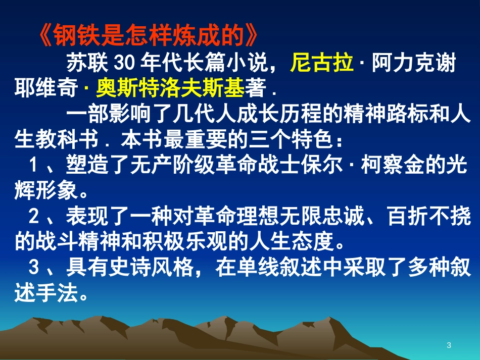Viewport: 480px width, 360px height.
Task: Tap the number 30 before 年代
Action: click(x=124, y=63)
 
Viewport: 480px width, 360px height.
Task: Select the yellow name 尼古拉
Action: click(x=321, y=63)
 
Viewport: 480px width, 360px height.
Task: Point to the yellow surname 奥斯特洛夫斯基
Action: click(x=170, y=88)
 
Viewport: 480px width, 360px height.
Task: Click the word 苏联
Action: click(x=87, y=63)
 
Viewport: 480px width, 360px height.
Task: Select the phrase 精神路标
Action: click(x=385, y=114)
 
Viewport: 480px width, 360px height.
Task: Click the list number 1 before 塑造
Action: click(x=33, y=165)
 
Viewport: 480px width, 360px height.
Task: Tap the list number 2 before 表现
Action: click(x=33, y=216)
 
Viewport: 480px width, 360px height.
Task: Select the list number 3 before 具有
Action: click(x=33, y=267)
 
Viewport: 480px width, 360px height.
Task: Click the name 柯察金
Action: click(x=393, y=165)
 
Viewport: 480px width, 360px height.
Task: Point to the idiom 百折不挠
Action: click(x=429, y=216)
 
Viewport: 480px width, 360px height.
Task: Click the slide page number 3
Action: click(x=449, y=345)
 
